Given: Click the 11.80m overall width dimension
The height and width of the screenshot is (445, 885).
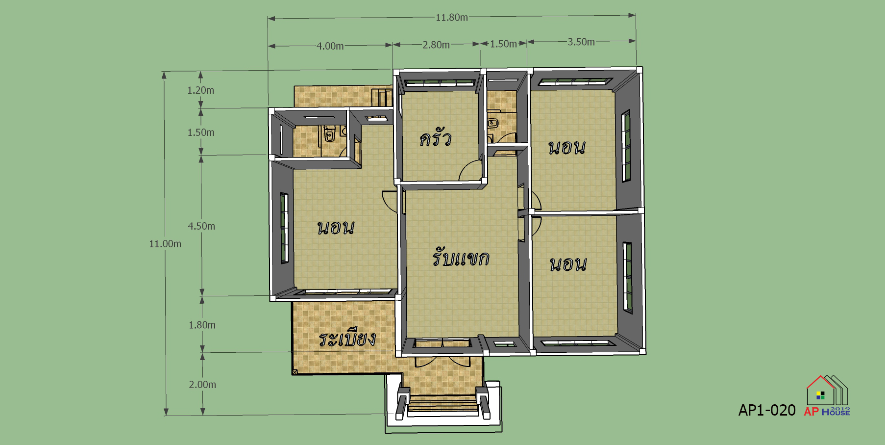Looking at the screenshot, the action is pyautogui.click(x=451, y=18).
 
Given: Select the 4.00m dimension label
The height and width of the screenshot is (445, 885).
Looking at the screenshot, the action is pyautogui.click(x=330, y=46).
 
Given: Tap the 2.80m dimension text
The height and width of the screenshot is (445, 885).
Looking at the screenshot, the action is pyautogui.click(x=436, y=45).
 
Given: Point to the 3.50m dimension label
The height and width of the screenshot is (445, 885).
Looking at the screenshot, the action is pyautogui.click(x=581, y=42).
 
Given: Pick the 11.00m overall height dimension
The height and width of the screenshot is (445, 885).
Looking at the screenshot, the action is pyautogui.click(x=165, y=244).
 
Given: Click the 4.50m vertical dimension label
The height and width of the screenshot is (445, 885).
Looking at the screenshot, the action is pyautogui.click(x=201, y=226).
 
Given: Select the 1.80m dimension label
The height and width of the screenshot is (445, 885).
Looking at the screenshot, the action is pyautogui.click(x=202, y=325).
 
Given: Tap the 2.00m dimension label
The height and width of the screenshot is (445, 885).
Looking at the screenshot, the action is pyautogui.click(x=202, y=385).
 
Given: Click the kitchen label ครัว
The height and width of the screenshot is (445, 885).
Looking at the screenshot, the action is pyautogui.click(x=435, y=138).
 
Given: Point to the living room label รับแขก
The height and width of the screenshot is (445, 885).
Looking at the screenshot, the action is pyautogui.click(x=461, y=257).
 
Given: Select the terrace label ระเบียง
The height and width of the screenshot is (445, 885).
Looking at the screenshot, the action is pyautogui.click(x=347, y=338).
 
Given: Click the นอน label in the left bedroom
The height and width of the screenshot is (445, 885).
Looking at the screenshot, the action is pyautogui.click(x=336, y=227).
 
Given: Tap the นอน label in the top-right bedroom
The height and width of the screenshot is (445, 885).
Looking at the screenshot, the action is pyautogui.click(x=566, y=147).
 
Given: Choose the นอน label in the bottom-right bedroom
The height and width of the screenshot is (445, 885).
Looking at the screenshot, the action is pyautogui.click(x=568, y=264).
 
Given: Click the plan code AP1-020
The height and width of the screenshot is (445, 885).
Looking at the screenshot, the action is pyautogui.click(x=767, y=410).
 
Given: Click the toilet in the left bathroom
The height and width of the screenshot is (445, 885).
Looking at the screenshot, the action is pyautogui.click(x=329, y=133).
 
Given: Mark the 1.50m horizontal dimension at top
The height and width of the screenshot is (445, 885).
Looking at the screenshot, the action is pyautogui.click(x=503, y=44).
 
